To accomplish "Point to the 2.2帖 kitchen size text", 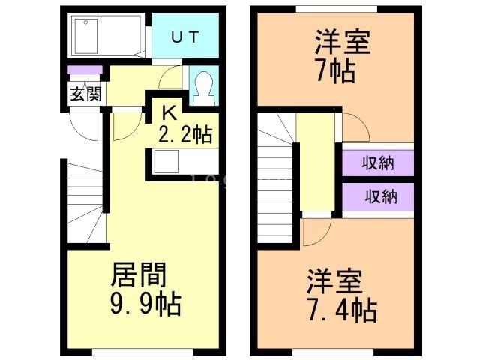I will (x=184, y=135).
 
